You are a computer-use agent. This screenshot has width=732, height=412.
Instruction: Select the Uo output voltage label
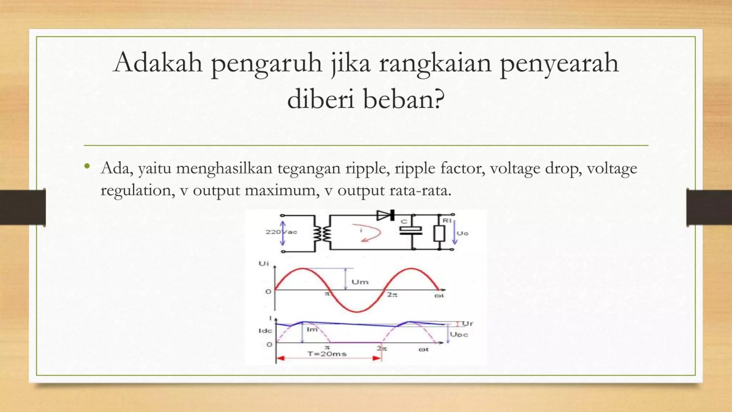point(462,233)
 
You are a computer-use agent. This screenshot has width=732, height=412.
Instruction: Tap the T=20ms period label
point(323,354)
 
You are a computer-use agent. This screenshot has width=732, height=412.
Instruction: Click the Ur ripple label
point(468,322)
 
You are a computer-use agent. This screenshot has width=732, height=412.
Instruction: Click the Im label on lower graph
point(314,330)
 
